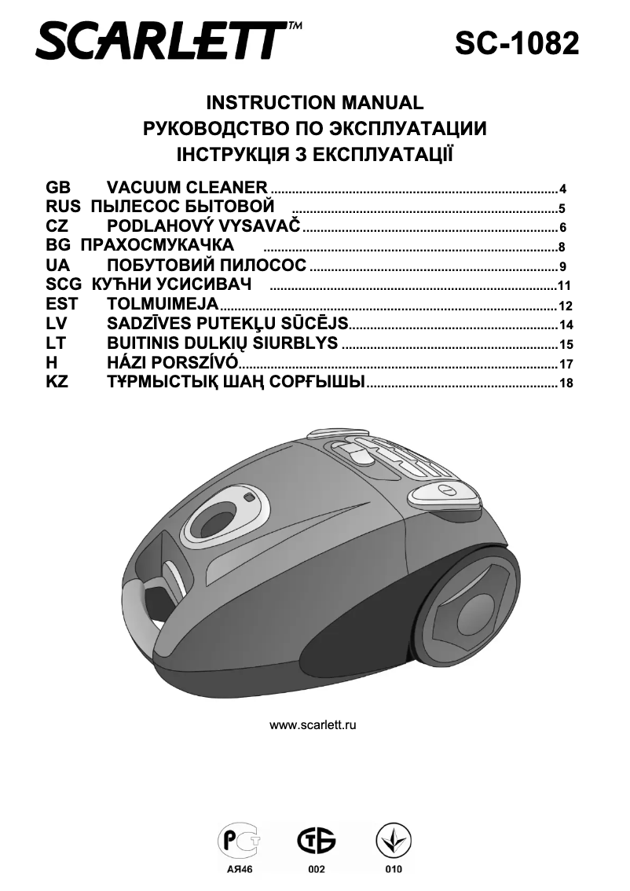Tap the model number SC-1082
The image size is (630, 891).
click(517, 42)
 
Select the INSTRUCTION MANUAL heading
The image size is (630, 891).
click(314, 103)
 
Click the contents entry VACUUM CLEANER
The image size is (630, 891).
click(188, 188)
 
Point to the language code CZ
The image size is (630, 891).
click(57, 226)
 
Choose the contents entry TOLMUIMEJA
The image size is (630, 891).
click(163, 304)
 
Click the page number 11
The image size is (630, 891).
click(563, 286)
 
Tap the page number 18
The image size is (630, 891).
click(563, 383)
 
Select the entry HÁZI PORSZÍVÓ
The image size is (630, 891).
click(172, 362)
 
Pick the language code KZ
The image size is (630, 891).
click(57, 382)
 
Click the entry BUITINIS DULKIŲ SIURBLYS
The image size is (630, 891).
click(222, 343)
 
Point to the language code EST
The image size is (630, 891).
click(62, 304)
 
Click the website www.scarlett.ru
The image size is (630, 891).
click(313, 724)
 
